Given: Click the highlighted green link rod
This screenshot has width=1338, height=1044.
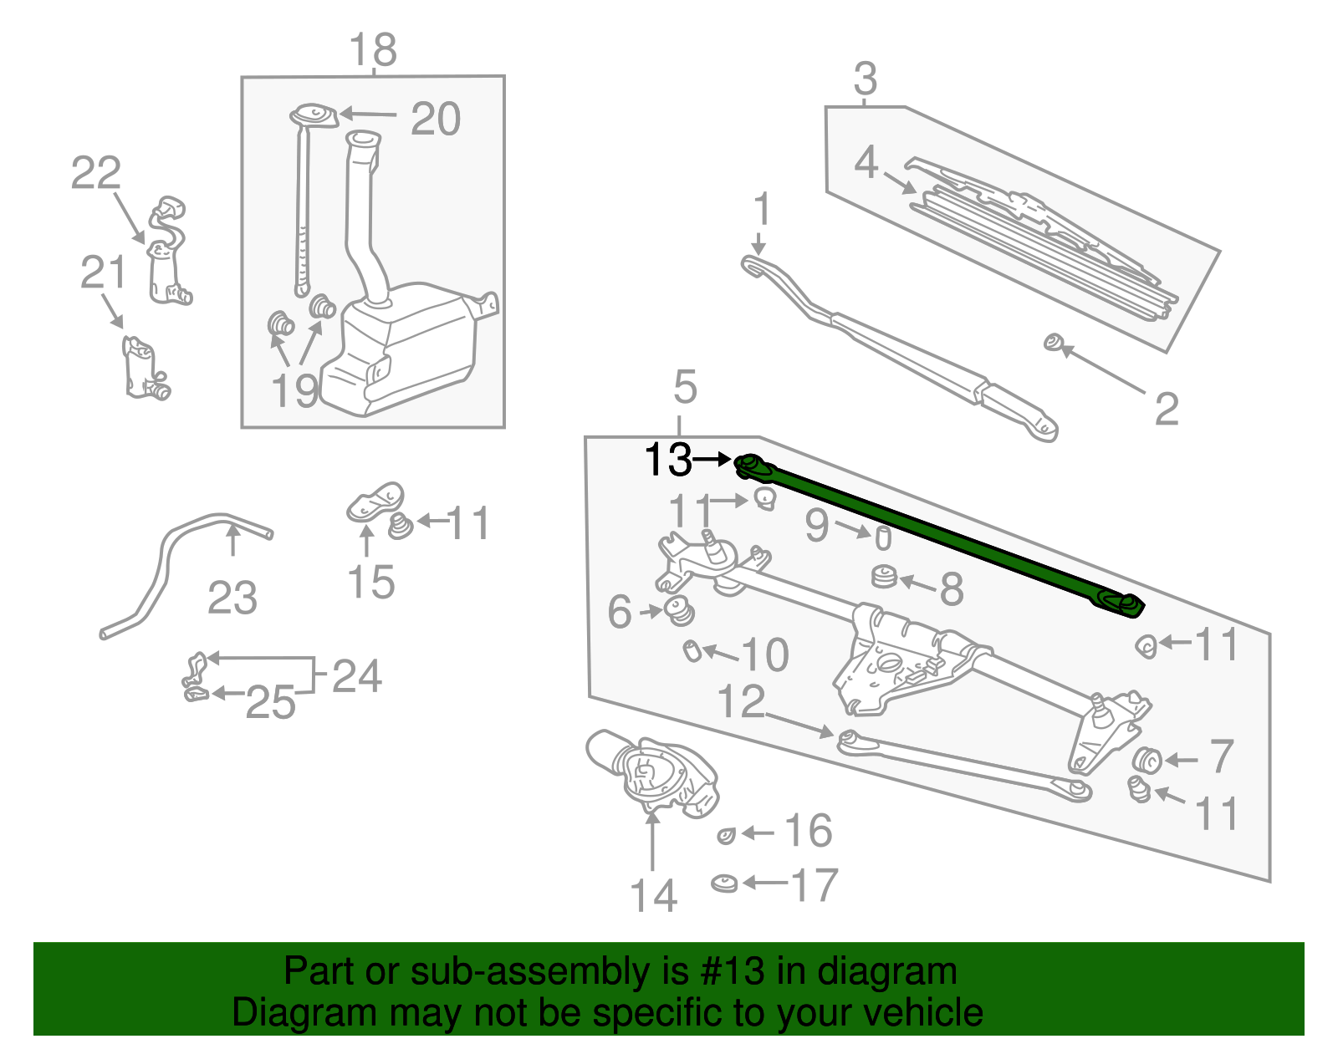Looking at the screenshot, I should click(x=937, y=535).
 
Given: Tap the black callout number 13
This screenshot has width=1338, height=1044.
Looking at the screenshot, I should click(x=668, y=460).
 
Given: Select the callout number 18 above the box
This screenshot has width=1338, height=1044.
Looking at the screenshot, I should click(x=373, y=50).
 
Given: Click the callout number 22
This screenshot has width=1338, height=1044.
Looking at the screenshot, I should click(x=95, y=174).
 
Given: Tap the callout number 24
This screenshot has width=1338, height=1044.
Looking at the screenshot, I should click(x=357, y=675).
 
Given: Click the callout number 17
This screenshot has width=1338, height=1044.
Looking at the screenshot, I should click(x=814, y=885).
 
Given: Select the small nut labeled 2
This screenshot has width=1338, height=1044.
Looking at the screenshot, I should click(x=1054, y=342).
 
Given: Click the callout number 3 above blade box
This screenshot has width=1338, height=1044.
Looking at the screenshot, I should click(x=866, y=79).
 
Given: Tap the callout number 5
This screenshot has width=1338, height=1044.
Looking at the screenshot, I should click(x=684, y=388).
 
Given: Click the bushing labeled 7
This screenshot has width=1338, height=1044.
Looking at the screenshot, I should click(x=1147, y=760).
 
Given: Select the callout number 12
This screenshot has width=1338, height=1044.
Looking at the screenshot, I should click(x=741, y=702).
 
